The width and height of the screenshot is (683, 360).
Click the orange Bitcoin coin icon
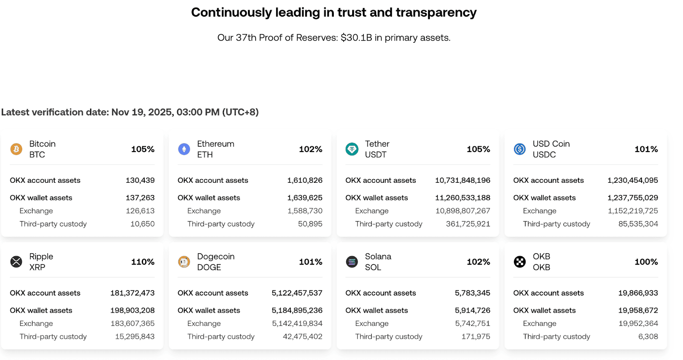click(x=16, y=149)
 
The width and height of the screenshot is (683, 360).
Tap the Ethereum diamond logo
click(x=184, y=149)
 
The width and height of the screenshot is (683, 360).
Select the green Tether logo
click(x=352, y=149)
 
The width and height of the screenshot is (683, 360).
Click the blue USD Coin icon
click(x=520, y=149)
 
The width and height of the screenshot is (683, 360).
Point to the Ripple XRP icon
click(x=16, y=262)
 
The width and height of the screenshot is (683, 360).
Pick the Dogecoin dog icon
click(x=184, y=262)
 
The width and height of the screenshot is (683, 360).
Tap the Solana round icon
click(x=352, y=262)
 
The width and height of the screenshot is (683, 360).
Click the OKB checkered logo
click(x=520, y=262)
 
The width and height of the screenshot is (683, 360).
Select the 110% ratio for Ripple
click(x=143, y=262)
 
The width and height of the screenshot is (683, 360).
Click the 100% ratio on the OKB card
click(x=646, y=262)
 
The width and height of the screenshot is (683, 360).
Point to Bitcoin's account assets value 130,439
click(x=140, y=180)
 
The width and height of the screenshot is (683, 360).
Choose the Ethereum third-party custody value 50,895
click(x=310, y=224)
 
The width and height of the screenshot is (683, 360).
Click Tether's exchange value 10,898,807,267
click(x=463, y=211)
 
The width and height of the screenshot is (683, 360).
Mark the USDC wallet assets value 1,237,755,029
click(x=633, y=198)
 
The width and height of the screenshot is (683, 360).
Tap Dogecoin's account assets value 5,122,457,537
click(x=297, y=293)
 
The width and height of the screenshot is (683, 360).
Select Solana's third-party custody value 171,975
click(x=476, y=337)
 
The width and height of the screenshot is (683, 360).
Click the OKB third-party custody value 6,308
click(x=648, y=337)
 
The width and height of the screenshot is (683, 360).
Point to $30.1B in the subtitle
click(x=356, y=38)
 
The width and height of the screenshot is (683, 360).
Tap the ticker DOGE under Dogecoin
click(x=209, y=267)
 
